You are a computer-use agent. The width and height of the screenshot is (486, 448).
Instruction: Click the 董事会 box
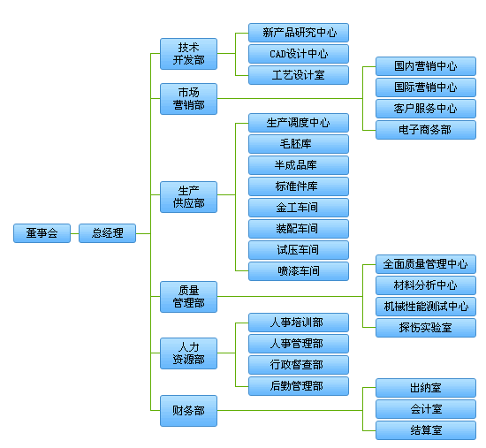(x=42, y=233)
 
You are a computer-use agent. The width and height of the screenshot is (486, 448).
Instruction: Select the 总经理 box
(x=108, y=233)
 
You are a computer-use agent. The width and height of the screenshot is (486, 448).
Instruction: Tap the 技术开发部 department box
(x=188, y=54)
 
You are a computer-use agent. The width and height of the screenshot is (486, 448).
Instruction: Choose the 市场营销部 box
(x=188, y=98)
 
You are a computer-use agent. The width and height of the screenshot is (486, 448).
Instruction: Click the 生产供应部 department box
(x=188, y=197)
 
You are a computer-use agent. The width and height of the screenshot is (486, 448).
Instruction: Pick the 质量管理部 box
(x=188, y=296)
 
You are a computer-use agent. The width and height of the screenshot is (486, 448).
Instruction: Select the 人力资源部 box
(x=188, y=353)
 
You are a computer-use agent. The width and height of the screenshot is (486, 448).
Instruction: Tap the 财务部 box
(x=188, y=410)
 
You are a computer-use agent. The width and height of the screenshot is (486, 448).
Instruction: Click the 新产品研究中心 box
(x=299, y=33)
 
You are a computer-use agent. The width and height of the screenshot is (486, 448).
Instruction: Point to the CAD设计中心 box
(x=299, y=54)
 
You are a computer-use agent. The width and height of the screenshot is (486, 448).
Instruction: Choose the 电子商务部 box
(x=426, y=130)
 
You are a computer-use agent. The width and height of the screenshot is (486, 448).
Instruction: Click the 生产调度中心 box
(x=299, y=122)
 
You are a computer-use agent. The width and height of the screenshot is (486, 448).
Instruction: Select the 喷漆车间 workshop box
(x=299, y=271)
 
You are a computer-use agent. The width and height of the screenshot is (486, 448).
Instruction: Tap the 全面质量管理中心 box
(x=426, y=264)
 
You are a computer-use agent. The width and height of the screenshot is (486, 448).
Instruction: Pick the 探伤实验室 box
(x=426, y=328)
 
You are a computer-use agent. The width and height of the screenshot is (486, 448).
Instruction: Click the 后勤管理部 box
(x=299, y=386)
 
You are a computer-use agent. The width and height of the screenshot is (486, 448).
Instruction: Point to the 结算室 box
(x=426, y=430)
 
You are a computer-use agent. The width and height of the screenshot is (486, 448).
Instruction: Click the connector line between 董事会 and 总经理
(x=74, y=233)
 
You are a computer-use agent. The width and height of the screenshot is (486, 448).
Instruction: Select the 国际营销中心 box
(x=426, y=87)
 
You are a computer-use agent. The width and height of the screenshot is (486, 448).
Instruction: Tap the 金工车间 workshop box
(x=299, y=208)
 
